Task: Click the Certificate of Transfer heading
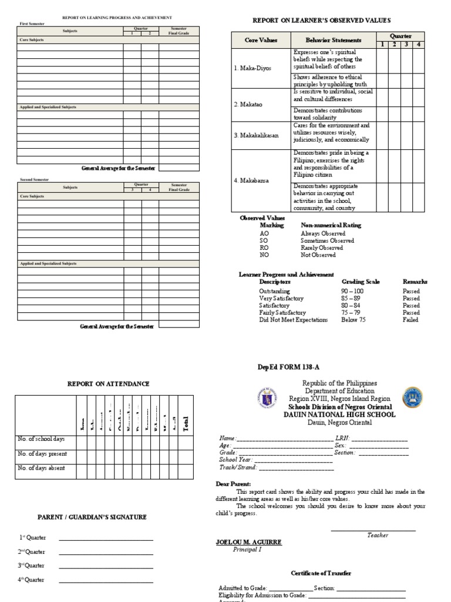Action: click(321, 573)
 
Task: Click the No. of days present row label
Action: click(42, 454)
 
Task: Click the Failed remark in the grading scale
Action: click(410, 320)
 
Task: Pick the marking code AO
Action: click(264, 233)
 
